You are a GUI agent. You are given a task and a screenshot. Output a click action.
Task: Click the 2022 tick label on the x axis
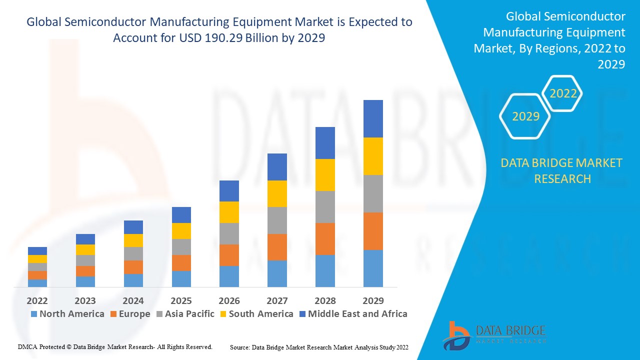point(37,300)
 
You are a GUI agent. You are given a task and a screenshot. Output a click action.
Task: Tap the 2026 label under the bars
point(229,300)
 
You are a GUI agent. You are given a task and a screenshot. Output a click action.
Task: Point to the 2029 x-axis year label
point(373,300)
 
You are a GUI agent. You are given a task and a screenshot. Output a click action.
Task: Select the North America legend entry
point(67,314)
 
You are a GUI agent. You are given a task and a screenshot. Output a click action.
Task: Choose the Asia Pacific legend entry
point(185,314)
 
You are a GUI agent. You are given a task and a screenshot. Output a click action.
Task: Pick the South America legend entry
point(256,314)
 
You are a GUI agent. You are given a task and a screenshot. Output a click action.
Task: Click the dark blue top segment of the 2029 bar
point(373,118)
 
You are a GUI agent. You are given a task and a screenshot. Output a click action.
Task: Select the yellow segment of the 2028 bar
point(325,175)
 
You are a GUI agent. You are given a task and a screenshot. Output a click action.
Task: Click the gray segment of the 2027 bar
point(277,220)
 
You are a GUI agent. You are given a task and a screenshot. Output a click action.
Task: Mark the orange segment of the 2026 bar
point(229,255)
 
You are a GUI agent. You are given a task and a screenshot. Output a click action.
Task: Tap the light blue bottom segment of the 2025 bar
point(181,278)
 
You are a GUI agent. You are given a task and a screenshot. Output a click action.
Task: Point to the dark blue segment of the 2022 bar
point(37,251)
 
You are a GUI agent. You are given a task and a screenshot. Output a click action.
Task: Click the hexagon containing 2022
point(563,93)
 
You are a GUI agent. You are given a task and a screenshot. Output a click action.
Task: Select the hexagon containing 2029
point(525,116)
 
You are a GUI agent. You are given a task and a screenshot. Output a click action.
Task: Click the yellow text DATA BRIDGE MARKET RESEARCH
point(562,170)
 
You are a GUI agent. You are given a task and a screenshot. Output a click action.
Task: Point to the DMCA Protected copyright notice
point(115,346)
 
